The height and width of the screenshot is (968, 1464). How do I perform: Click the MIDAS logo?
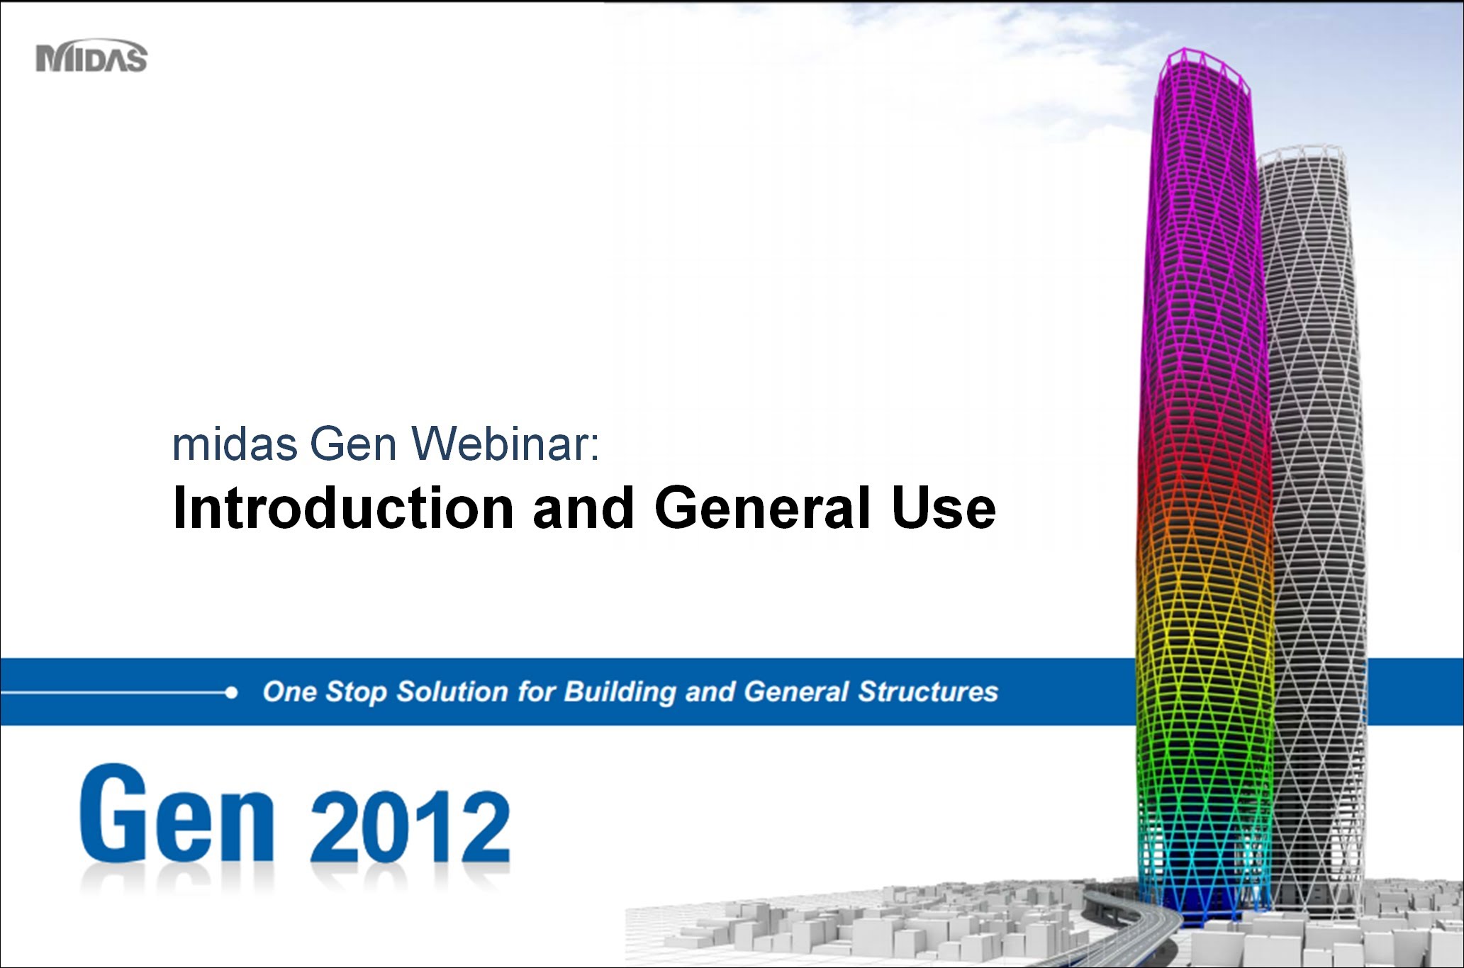pyautogui.click(x=91, y=56)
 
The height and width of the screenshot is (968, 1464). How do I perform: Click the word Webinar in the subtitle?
pyautogui.click(x=506, y=444)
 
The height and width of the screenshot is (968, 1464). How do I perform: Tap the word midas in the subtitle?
pyautogui.click(x=235, y=444)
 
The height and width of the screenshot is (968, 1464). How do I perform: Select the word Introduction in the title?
pyautogui.click(x=343, y=508)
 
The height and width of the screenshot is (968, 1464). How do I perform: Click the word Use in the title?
pyautogui.click(x=944, y=508)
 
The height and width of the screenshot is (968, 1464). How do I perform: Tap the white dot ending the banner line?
pyautogui.click(x=231, y=692)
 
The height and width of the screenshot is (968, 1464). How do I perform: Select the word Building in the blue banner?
pyautogui.click(x=620, y=692)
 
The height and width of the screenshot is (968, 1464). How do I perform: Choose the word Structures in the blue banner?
pyautogui.click(x=928, y=692)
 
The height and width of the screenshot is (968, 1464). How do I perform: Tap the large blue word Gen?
pyautogui.click(x=177, y=814)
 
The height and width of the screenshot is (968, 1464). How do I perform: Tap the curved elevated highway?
pyautogui.click(x=1134, y=921)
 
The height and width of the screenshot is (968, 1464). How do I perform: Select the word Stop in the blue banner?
pyautogui.click(x=356, y=692)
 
